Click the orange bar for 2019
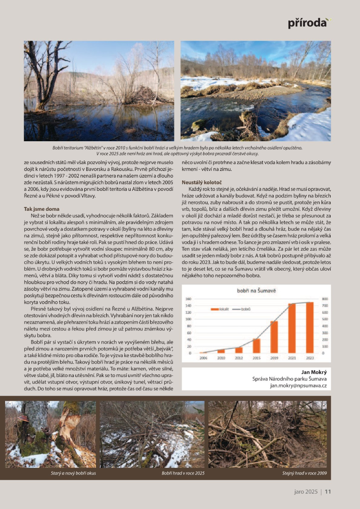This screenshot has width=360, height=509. click(x=274, y=337)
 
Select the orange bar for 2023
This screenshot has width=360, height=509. click(x=309, y=327)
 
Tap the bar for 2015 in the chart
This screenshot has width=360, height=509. click(x=256, y=346)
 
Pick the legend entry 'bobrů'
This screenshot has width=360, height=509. click(x=243, y=309)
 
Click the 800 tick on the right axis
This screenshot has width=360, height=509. click(x=325, y=299)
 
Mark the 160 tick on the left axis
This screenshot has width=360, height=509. click(x=188, y=299)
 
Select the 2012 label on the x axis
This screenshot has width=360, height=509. click(x=239, y=359)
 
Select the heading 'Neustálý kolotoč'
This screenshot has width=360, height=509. click(x=198, y=182)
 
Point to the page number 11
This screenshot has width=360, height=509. click(x=328, y=492)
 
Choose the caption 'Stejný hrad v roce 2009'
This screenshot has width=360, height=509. click(x=304, y=473)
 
